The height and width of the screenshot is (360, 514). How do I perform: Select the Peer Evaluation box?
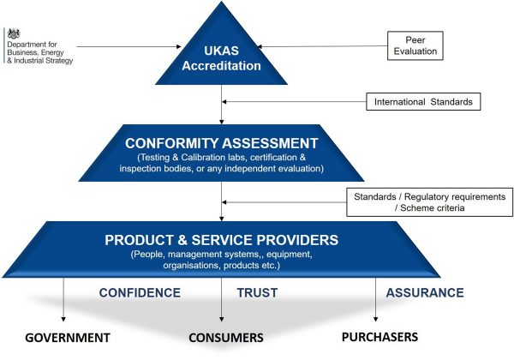[x=415, y=45]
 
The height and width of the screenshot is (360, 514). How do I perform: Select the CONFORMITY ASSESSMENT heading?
[x=222, y=143]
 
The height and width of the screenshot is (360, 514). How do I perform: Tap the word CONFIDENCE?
[x=140, y=292]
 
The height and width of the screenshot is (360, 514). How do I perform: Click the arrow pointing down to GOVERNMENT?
[x=64, y=300]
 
